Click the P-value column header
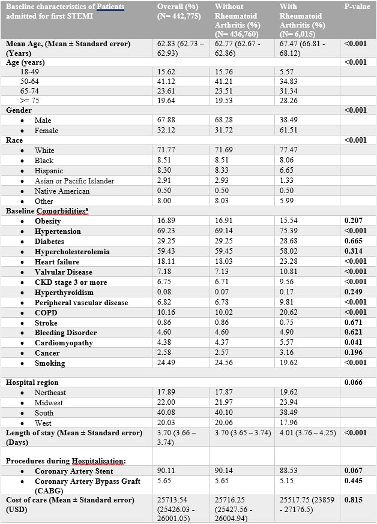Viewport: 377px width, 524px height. (x=357, y=7)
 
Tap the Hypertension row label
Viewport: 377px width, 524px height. (x=58, y=231)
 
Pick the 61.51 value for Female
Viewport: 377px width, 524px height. (x=289, y=130)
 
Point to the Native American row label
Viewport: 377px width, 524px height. (x=62, y=191)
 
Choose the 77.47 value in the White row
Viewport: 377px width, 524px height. (x=289, y=150)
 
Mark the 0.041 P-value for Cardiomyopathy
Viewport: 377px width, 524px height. (x=354, y=343)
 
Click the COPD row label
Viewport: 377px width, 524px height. (x=46, y=312)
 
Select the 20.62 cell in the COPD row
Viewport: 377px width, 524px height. (x=289, y=312)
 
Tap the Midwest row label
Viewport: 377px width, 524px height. (x=49, y=403)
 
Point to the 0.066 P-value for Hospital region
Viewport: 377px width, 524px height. (x=354, y=382)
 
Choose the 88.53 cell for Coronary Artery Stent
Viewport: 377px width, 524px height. (x=289, y=471)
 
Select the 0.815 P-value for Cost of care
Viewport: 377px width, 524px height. (x=354, y=499)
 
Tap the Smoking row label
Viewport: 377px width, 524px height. (x=50, y=363)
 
